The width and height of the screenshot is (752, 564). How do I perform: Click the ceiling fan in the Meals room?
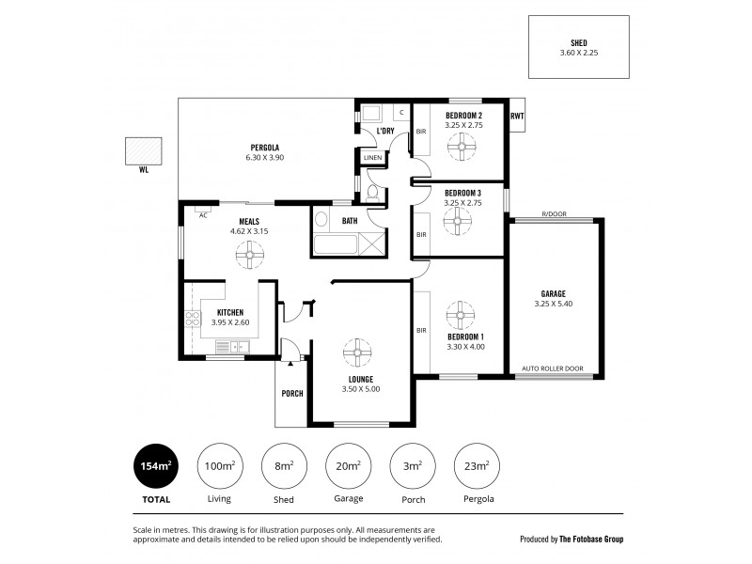250,254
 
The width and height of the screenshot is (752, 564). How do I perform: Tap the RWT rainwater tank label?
516,116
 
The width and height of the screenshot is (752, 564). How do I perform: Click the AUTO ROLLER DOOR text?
553,369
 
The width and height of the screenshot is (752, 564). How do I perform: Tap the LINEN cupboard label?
373,158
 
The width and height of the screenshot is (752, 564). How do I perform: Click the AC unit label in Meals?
202,215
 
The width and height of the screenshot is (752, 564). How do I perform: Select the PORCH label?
292,393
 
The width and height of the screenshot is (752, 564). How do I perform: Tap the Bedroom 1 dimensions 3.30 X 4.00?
465,346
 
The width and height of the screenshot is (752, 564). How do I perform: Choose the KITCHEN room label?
230,312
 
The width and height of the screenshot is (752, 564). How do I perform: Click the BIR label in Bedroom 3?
421,234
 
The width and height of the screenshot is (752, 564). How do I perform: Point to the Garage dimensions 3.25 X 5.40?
553,305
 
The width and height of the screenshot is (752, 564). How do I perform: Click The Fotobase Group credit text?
591,540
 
